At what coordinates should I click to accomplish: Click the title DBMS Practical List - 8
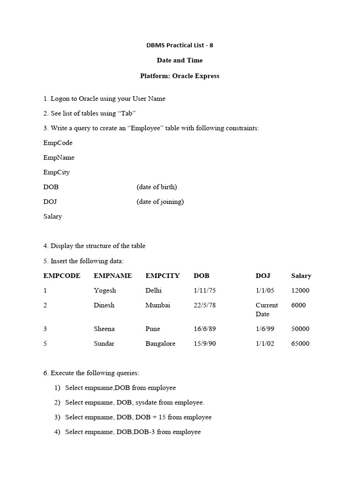point(180,45)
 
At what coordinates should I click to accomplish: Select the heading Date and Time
point(180,60)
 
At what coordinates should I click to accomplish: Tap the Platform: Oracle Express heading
point(180,75)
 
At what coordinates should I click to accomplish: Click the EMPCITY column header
point(162,276)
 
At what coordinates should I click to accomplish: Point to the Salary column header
point(301,276)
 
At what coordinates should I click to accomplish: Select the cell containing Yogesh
point(105,291)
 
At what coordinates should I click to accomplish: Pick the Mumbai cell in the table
point(158,305)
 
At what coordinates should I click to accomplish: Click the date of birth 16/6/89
point(204,329)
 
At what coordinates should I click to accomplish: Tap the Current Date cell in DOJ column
point(266,309)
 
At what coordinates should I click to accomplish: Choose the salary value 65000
point(300,344)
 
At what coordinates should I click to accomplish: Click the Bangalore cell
point(160,344)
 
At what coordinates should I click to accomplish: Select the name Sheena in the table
point(104,329)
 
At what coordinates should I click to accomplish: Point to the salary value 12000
point(300,291)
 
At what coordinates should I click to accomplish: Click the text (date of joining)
point(160,202)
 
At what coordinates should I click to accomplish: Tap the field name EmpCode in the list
point(58,142)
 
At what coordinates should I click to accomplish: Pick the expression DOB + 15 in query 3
point(150,417)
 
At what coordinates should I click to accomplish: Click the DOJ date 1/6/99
point(265,329)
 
